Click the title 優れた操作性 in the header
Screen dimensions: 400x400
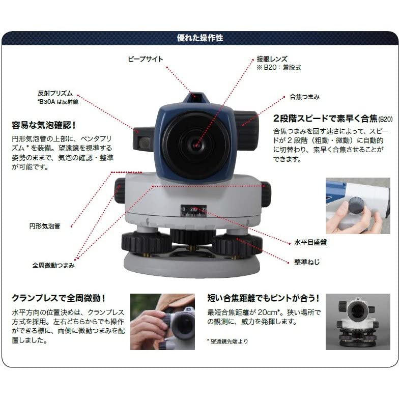pos(199,38)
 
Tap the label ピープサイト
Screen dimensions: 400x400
pos(146,59)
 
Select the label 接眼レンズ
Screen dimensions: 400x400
pos(272,59)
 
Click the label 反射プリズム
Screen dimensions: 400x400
pos(55,94)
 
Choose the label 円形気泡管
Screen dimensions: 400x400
pos(45,225)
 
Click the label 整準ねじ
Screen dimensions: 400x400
pos(307,263)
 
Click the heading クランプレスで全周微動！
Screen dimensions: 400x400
pos(62,297)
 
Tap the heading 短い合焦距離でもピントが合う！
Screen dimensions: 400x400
pos(263,297)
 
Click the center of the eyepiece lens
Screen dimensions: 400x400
pos(195,144)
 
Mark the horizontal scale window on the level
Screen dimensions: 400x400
pos(193,209)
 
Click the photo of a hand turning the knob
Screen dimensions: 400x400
pos(358,205)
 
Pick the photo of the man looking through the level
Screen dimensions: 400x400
pos(162,321)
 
